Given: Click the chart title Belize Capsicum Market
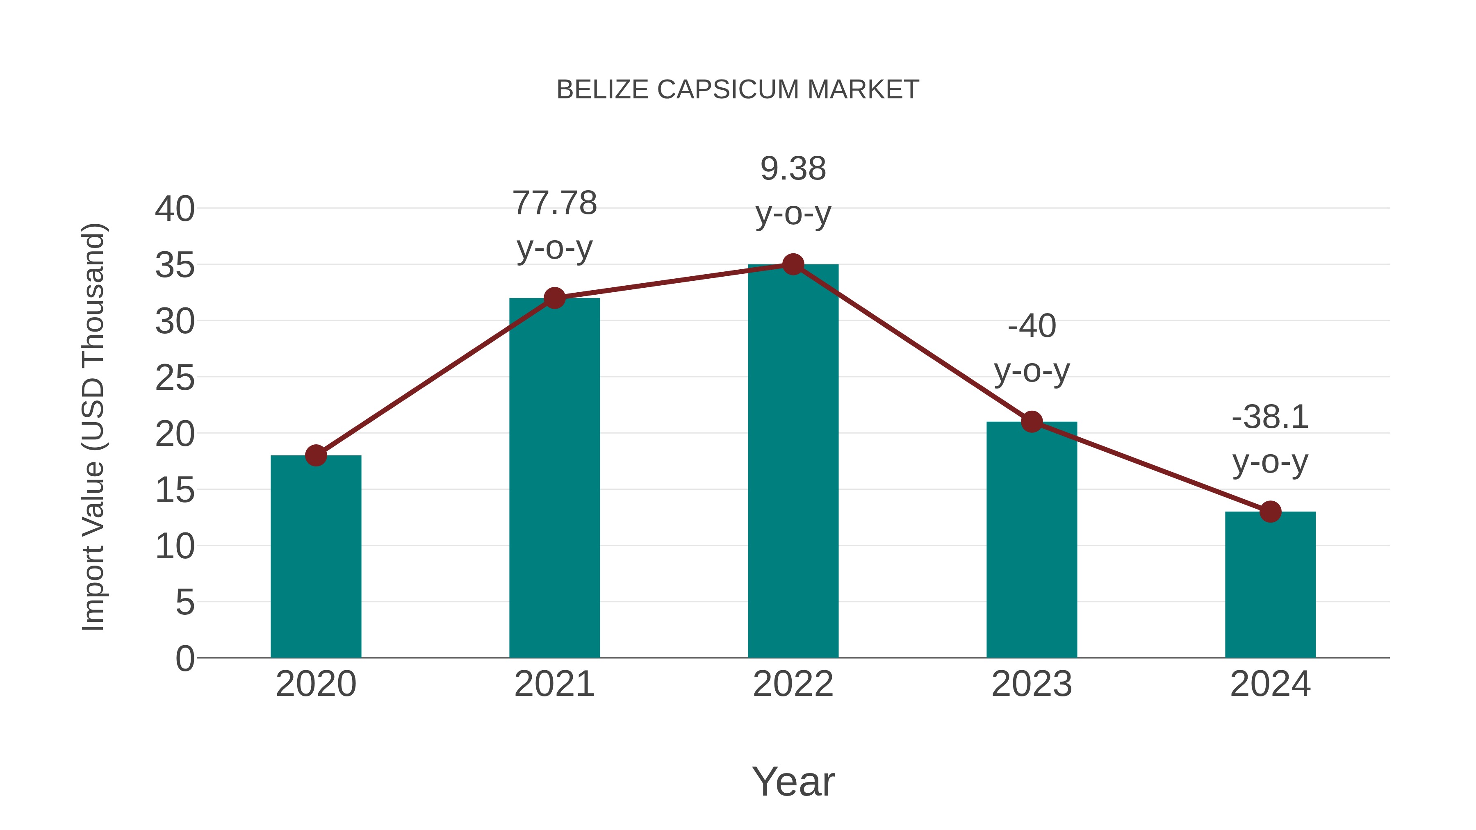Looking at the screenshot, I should point(738,90).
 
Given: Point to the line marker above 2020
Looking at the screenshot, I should point(316,456).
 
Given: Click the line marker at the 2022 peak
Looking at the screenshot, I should point(793,265).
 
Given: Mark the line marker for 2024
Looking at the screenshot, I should point(1270,512).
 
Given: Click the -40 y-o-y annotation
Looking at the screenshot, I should point(1032,348).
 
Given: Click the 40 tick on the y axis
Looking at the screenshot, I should point(175,209).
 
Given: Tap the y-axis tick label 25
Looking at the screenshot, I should point(175,377).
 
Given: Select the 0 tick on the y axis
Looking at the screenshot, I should point(184,658).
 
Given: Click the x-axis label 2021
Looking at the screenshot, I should point(554,684).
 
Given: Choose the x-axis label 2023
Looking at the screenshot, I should point(1032,684).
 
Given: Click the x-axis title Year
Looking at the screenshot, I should point(793,781).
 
